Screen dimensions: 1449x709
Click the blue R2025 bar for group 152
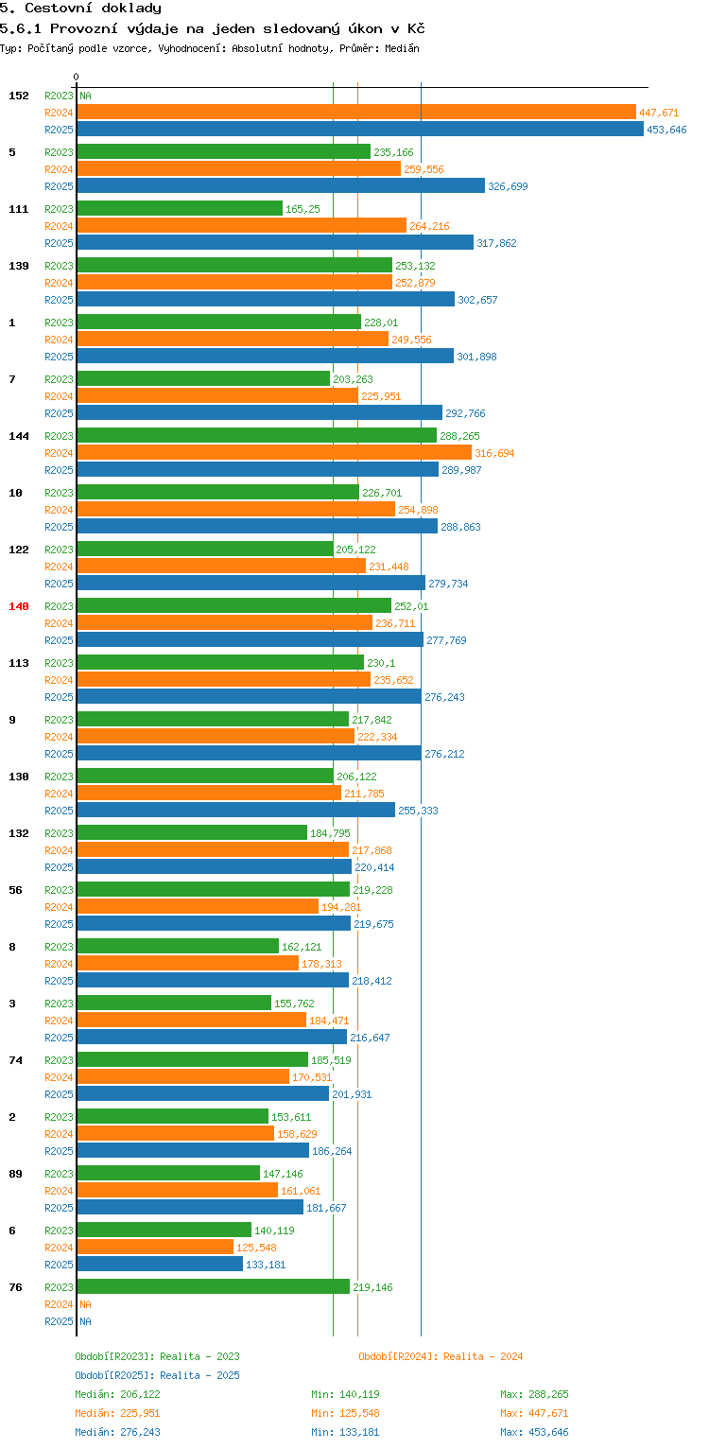(x=359, y=130)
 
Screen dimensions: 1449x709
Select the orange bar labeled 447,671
(x=355, y=113)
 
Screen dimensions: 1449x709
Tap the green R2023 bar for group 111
(x=180, y=208)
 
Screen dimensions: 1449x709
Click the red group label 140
(x=19, y=606)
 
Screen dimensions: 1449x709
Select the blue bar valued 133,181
(x=159, y=1265)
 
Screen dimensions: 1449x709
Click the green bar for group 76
(x=213, y=1286)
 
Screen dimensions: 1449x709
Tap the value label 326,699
(x=508, y=186)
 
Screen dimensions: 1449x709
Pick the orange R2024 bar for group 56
(x=197, y=907)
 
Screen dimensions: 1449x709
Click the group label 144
(x=19, y=436)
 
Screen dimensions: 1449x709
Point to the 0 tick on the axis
(x=77, y=78)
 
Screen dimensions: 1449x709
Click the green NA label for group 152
(x=85, y=96)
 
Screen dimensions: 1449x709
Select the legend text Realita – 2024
(x=483, y=1356)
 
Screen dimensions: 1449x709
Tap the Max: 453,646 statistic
(x=534, y=1432)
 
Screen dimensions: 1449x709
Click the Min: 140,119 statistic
(x=345, y=1394)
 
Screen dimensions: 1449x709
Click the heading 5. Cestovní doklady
(x=80, y=9)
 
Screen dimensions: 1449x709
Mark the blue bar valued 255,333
(x=235, y=811)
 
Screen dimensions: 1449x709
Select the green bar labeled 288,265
(x=256, y=435)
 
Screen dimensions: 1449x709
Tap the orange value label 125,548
(x=256, y=1248)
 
